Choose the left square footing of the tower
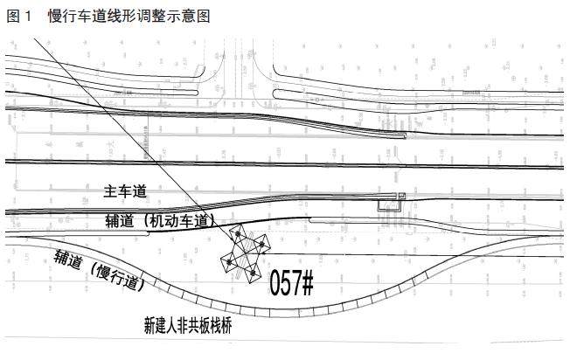226,261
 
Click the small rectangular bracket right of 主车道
387,205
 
